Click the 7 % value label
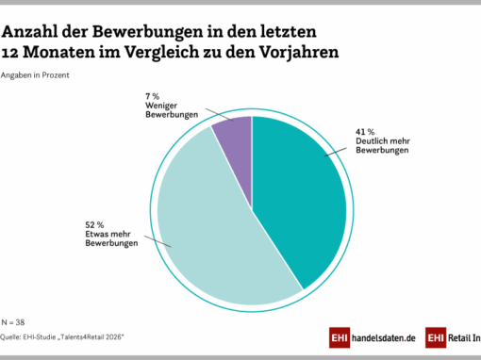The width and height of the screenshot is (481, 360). pos(153,96)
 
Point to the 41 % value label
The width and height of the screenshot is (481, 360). pos(365,132)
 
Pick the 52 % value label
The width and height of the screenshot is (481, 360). pos(94,225)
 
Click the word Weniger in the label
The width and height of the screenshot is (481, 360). pos(161,106)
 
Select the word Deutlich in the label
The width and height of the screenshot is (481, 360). pos(372,140)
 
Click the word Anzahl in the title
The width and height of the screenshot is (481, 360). pos(30,32)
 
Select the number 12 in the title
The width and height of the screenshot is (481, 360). pos(9,53)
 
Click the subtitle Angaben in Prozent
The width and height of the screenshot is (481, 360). pos(35,75)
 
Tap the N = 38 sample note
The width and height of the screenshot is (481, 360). pos(13,322)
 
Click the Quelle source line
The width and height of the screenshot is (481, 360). pos(62,337)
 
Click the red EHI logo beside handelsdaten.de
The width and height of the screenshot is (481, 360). pos(340,337)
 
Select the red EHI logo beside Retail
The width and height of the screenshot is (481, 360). pos(436,337)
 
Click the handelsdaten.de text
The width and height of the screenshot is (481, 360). pos(384,338)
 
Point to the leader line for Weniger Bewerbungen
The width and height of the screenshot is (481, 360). pos(220,115)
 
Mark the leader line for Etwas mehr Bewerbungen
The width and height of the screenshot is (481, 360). pos(158,241)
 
